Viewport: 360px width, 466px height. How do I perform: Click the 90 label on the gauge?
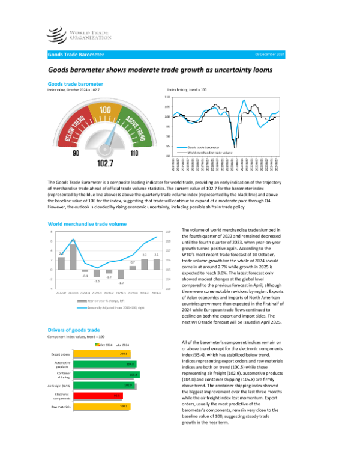click(76, 154)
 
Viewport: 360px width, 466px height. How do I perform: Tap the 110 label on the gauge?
click(134, 154)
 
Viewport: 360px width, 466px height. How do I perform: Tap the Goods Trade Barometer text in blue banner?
click(76, 55)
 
